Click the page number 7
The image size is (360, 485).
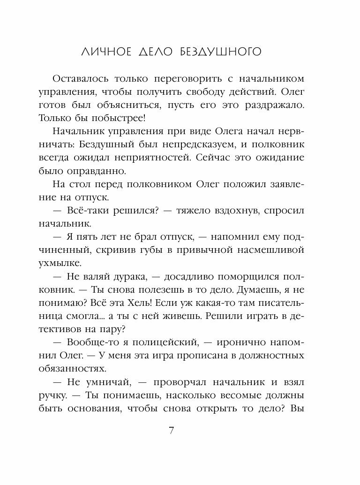pyautogui.click(x=172, y=431)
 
